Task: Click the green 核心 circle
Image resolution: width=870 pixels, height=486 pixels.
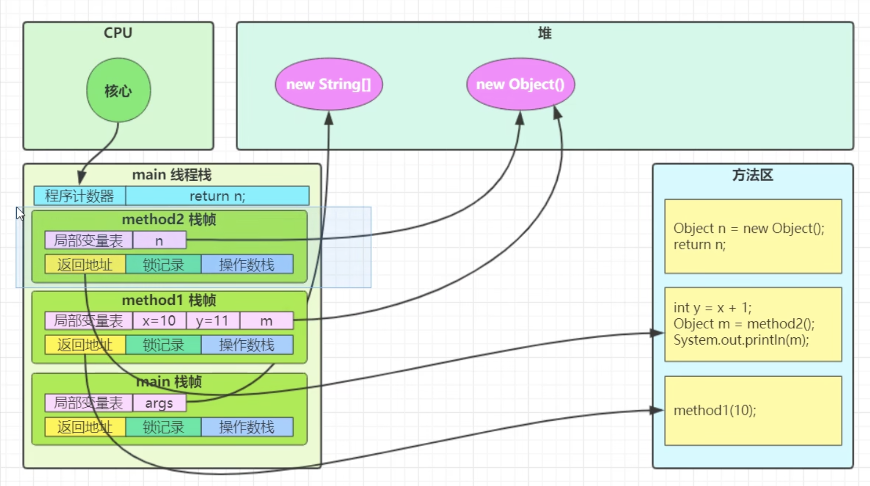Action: click(x=118, y=90)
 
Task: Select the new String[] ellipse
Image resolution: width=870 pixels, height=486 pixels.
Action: click(x=329, y=84)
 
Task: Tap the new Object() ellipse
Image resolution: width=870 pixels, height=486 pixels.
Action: click(x=521, y=84)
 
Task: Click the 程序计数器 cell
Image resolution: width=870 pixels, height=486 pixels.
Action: click(x=80, y=196)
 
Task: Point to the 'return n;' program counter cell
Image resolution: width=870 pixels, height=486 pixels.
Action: click(x=217, y=196)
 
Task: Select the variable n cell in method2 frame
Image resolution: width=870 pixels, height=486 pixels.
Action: click(x=159, y=240)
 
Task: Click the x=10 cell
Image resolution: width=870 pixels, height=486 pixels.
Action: click(x=159, y=321)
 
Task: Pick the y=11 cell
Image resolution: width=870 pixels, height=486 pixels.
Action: click(x=212, y=321)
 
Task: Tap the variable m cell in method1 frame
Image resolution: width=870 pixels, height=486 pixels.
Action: click(x=266, y=321)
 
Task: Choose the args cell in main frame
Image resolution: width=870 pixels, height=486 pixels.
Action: click(x=159, y=403)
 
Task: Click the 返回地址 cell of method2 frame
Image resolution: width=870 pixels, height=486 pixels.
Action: click(x=85, y=265)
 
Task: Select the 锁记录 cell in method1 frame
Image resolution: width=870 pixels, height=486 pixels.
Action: click(x=163, y=345)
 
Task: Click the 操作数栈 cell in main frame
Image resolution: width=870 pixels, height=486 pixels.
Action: click(x=247, y=427)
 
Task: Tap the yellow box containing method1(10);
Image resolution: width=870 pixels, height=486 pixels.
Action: click(x=753, y=411)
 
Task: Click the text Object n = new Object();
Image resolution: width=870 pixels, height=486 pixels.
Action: click(x=748, y=228)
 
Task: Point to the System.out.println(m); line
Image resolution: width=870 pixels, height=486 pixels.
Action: click(x=741, y=340)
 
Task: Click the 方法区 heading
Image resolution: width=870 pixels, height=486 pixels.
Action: click(x=752, y=175)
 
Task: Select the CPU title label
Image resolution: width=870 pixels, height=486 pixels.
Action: click(x=118, y=33)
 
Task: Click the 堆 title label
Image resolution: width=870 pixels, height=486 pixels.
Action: click(x=545, y=33)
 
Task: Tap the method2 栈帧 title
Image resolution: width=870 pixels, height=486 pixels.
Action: click(x=169, y=220)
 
